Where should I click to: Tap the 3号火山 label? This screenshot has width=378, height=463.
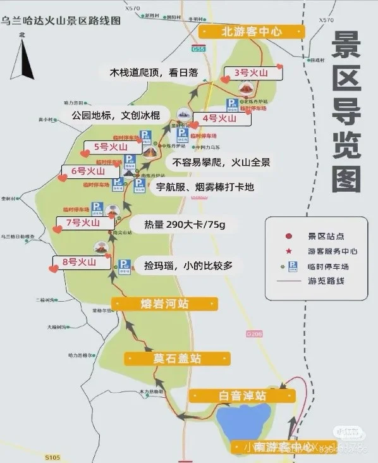click(251, 73)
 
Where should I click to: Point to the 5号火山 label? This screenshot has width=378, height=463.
click(110, 147)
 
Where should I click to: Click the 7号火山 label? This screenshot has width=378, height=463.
click(82, 223)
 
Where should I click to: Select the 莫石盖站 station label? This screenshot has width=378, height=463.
click(177, 359)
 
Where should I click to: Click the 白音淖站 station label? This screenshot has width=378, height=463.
click(242, 396)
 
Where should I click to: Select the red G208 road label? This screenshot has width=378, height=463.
click(253, 333)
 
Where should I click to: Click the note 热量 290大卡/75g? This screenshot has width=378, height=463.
click(176, 225)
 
